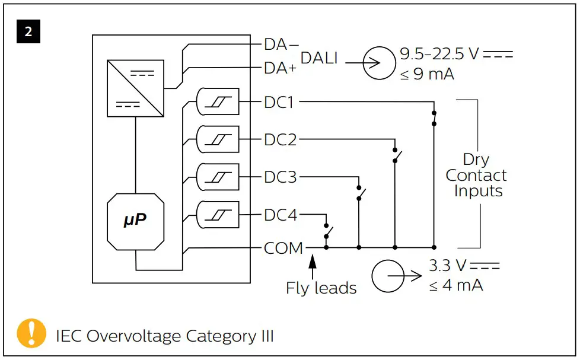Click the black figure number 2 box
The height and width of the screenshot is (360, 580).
click(28, 31)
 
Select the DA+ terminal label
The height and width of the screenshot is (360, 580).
click(280, 68)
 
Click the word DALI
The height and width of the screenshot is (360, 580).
click(320, 58)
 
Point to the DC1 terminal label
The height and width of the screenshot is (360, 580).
click(279, 102)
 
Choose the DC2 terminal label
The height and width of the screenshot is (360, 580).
click(280, 140)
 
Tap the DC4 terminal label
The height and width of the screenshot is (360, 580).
click(280, 215)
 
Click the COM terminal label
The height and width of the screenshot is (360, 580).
click(283, 248)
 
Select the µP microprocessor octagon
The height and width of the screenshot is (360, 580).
click(135, 220)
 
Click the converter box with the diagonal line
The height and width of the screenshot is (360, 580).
click(135, 88)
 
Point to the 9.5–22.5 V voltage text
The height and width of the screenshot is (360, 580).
click(438, 54)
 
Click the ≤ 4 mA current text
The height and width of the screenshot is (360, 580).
click(455, 285)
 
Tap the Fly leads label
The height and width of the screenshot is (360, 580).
click(321, 288)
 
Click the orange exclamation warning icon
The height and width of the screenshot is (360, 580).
click(31, 333)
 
